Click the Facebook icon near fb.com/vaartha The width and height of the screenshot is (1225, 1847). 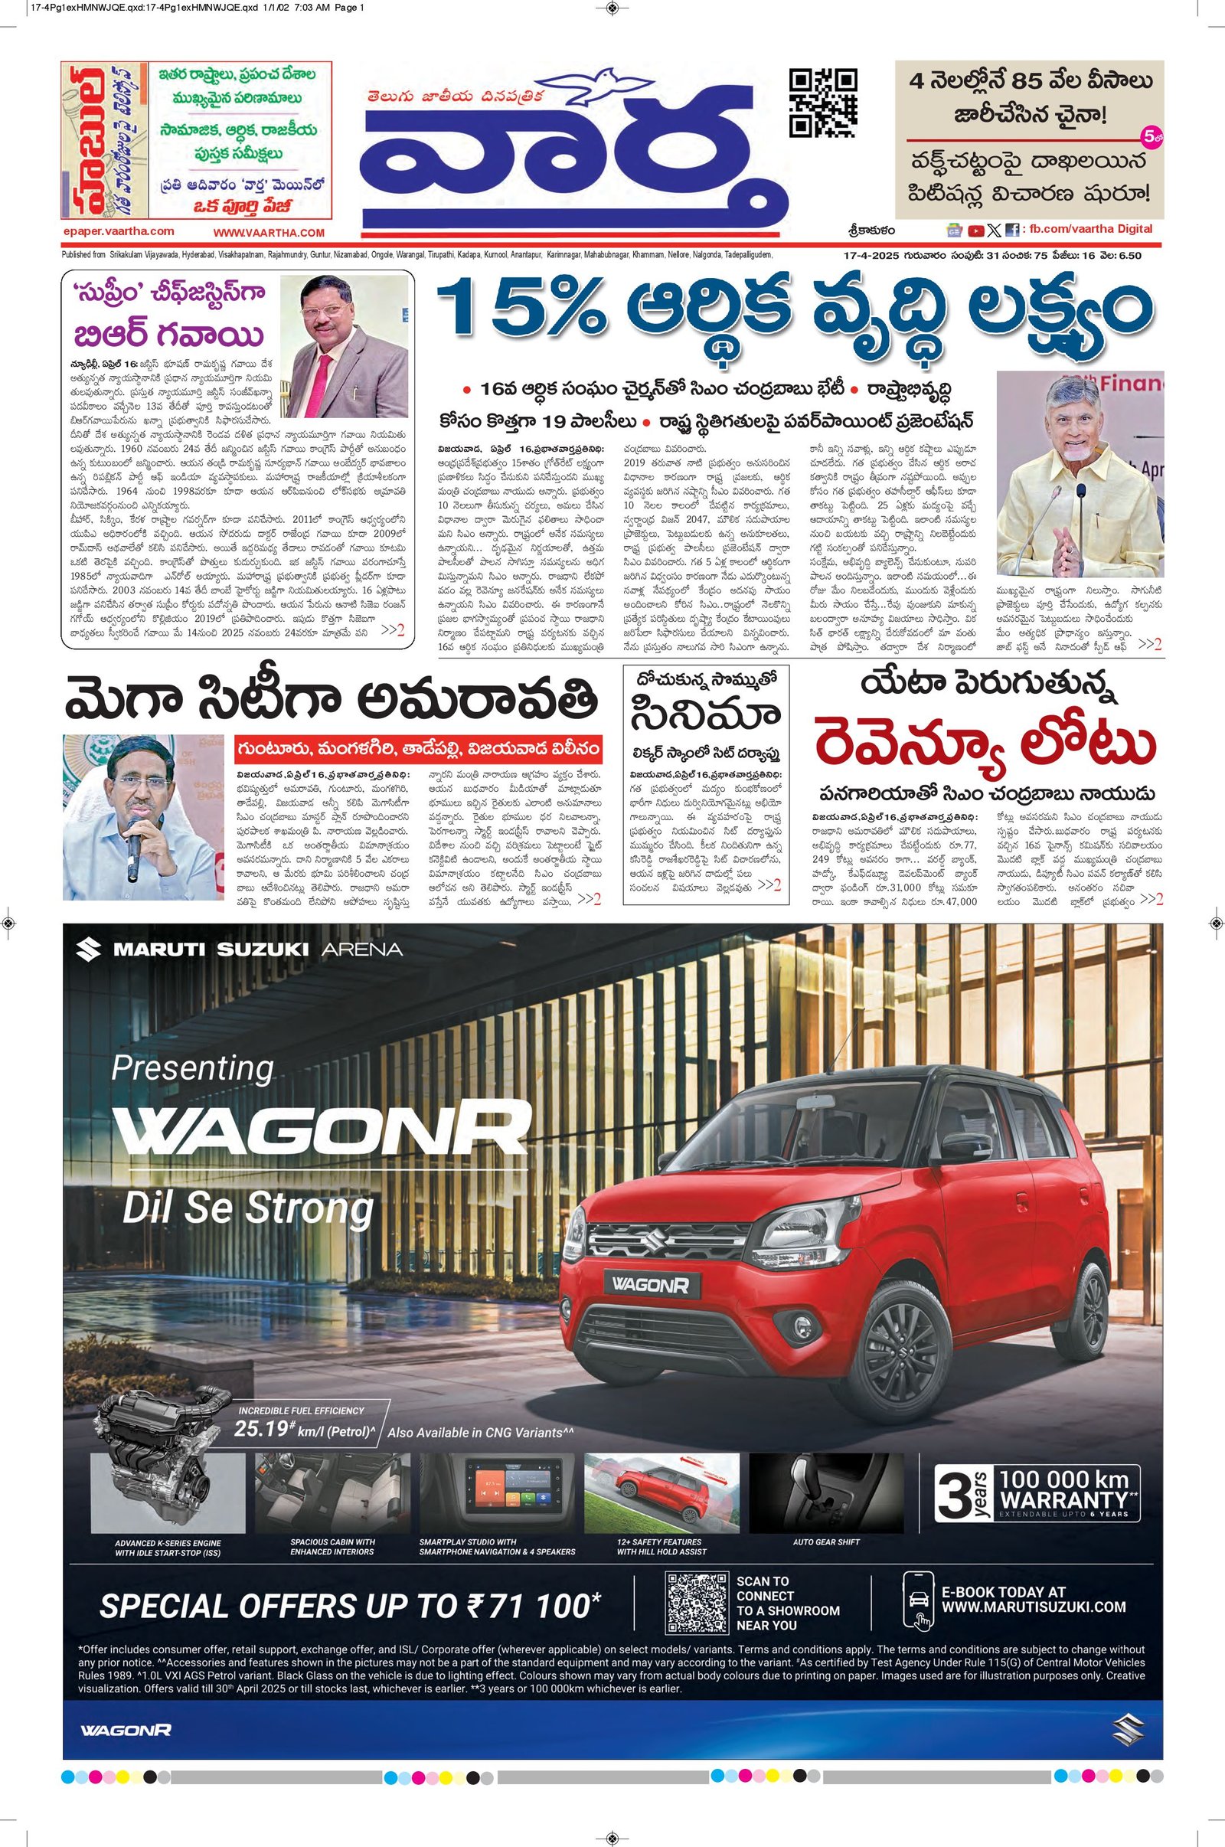pyautogui.click(x=1011, y=230)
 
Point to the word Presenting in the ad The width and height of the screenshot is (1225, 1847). pyautogui.click(x=192, y=1067)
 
